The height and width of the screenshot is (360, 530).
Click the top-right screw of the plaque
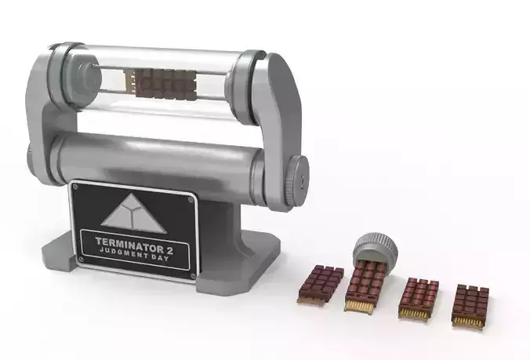pos(191,200)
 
